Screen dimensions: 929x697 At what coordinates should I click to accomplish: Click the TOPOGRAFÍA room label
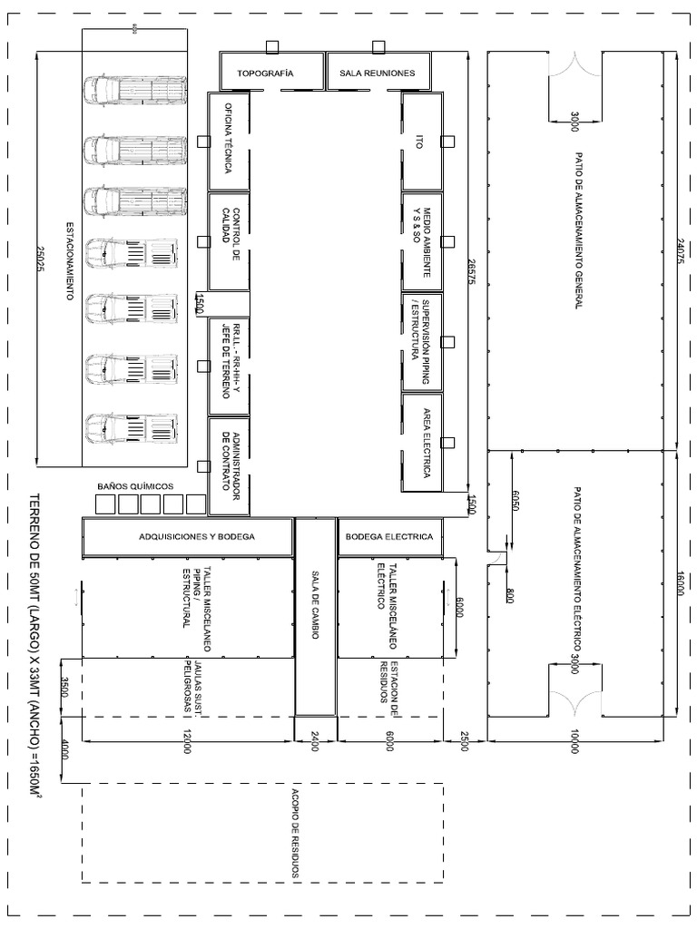(x=265, y=73)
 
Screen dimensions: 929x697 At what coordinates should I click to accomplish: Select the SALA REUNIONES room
(x=377, y=73)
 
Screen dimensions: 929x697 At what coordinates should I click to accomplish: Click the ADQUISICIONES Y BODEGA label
(x=197, y=536)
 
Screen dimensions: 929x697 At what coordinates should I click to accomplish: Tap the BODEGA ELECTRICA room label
(x=390, y=536)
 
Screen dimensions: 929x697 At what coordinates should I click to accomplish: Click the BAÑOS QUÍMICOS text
(x=135, y=486)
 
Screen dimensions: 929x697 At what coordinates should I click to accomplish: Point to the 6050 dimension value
(x=515, y=500)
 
